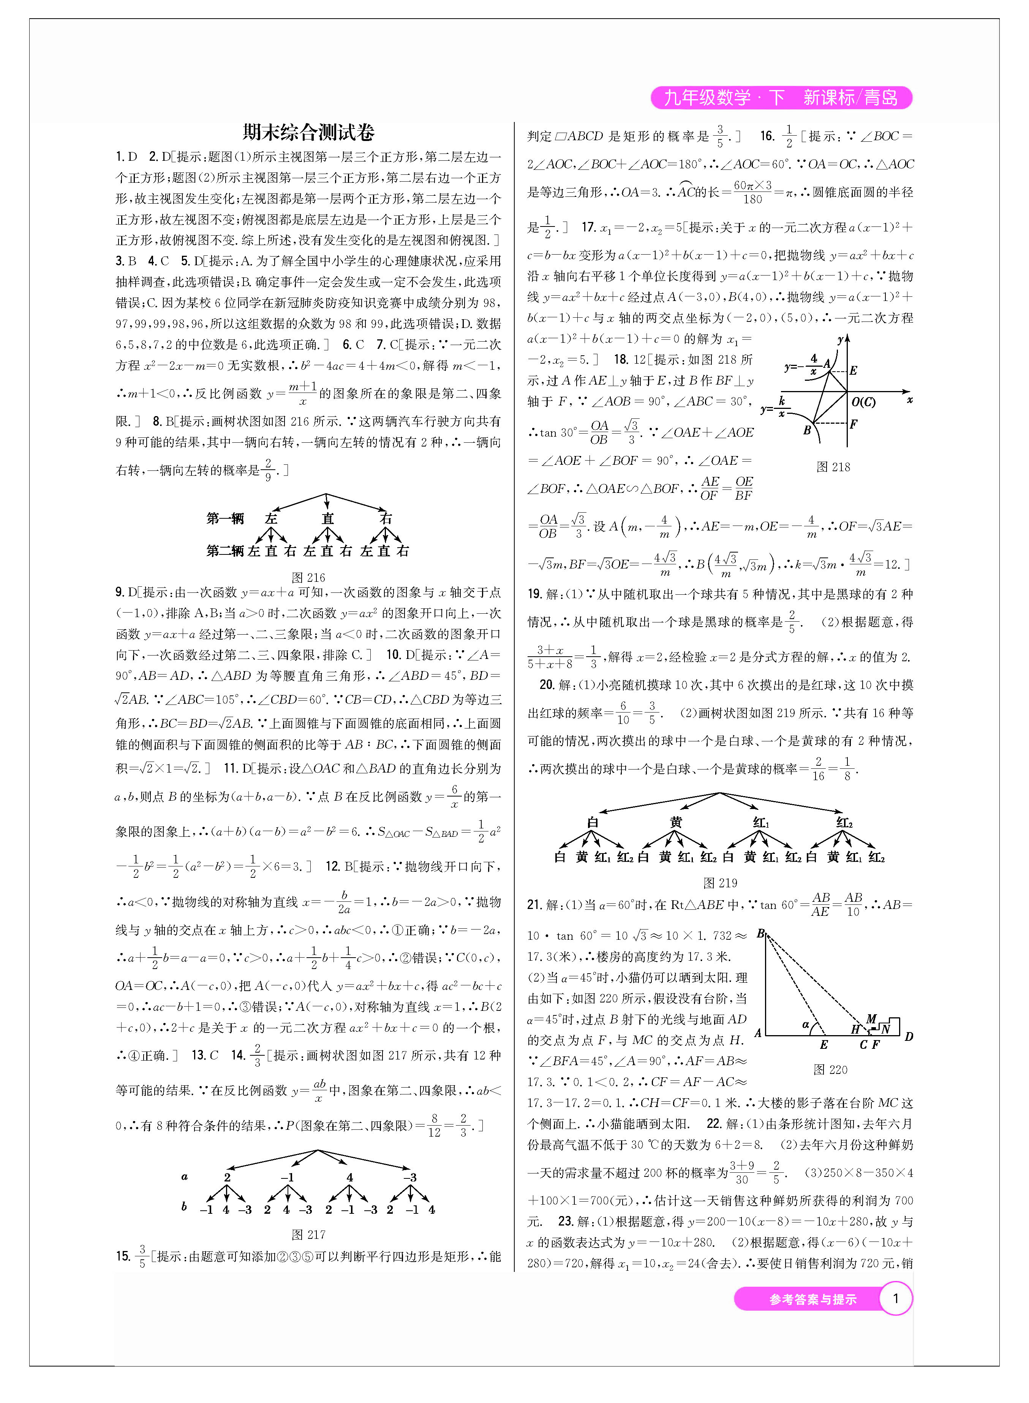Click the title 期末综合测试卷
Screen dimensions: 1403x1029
click(308, 132)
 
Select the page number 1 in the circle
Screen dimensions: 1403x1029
click(896, 1299)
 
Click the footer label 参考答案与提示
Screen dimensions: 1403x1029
click(813, 1300)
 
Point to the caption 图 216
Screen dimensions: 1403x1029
click(308, 578)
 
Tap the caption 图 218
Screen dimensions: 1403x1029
click(833, 467)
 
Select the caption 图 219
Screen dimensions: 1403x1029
click(720, 883)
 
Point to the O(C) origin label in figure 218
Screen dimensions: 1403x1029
click(863, 402)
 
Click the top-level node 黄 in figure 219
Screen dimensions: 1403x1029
click(676, 822)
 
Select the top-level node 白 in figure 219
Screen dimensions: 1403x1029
click(592, 822)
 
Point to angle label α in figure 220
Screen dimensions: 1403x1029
click(805, 1024)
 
